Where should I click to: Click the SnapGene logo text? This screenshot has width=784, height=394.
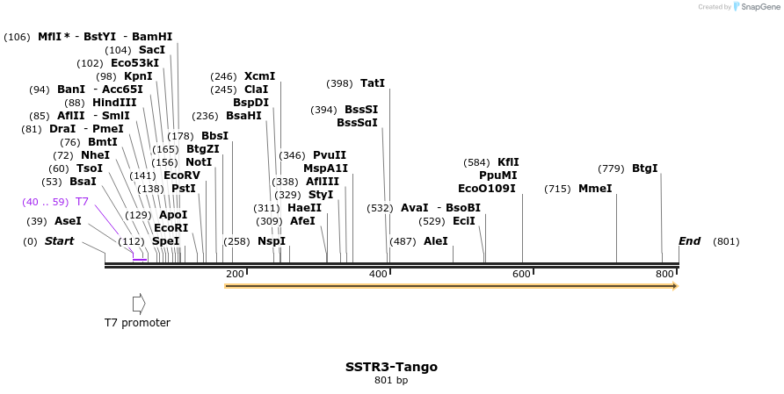pos(757,7)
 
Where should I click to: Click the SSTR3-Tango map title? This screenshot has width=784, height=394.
pos(391,367)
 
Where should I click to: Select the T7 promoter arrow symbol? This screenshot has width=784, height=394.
pos(138,304)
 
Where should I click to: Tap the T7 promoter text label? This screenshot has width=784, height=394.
pos(137,323)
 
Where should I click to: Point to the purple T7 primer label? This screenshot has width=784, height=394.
pos(82,202)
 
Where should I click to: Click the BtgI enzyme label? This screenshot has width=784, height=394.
pos(644,168)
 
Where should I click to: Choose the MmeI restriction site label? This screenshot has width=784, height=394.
pos(595,189)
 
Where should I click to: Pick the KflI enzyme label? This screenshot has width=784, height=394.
pos(508,162)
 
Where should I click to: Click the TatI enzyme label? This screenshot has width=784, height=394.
pos(373,83)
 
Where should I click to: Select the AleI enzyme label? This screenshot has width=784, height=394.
pos(436,240)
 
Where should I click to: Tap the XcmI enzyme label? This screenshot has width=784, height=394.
pos(259,76)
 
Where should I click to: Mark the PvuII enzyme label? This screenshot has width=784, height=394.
pos(330,155)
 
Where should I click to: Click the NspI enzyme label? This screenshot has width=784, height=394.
pos(272,241)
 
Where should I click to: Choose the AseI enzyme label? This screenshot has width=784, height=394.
pos(68,221)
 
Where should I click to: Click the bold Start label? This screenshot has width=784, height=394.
pos(60,241)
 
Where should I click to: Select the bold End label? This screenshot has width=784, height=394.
pos(690,241)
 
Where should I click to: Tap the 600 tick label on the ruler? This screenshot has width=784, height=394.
pos(521,274)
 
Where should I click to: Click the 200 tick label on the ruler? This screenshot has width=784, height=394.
pos(235,274)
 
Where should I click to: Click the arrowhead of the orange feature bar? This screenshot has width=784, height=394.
pos(674,286)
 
